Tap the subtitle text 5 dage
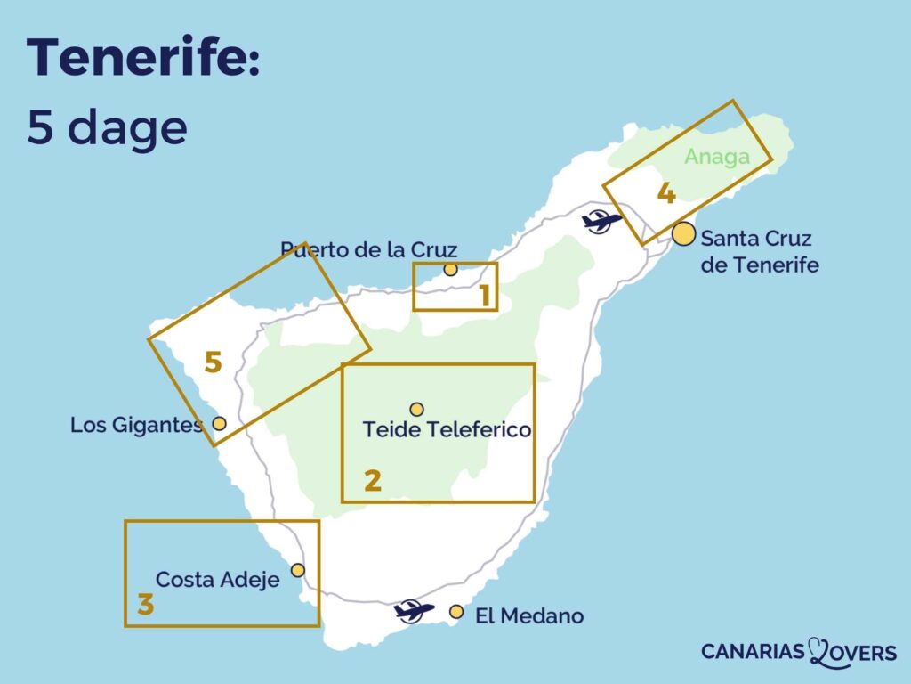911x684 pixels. coord(107,128)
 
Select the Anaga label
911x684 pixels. coord(716,157)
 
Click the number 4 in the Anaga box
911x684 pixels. coord(665,193)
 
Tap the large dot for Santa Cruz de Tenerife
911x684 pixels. coord(683,234)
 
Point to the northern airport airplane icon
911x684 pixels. coord(601,219)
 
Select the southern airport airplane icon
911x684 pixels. coord(414,610)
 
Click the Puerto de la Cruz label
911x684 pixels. coord(369,248)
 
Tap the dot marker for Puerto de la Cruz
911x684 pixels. coord(450,269)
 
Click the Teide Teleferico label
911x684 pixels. coord(447,430)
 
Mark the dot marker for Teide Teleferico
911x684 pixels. coord(416,409)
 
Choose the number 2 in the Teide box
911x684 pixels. coord(373,481)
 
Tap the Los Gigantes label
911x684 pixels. coord(136,426)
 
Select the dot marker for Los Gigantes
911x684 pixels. coord(219,423)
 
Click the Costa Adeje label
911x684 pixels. coord(217,580)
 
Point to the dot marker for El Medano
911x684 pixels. coord(456,612)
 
